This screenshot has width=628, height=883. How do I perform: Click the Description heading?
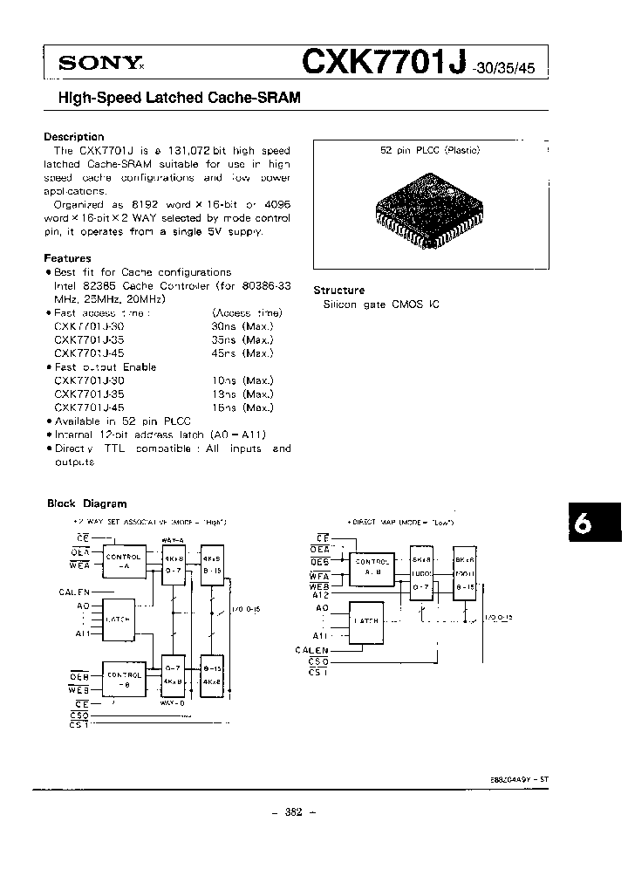(73, 137)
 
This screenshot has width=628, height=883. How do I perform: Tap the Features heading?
(67, 258)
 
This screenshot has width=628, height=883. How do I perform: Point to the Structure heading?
(338, 291)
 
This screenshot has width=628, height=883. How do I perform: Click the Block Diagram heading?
(85, 503)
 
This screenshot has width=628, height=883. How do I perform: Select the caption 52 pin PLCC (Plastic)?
(430, 150)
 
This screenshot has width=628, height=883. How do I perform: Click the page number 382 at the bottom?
(292, 812)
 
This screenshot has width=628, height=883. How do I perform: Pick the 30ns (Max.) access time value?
(242, 326)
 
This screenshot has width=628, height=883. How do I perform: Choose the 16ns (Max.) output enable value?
(242, 407)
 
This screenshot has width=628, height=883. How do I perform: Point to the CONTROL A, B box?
(373, 566)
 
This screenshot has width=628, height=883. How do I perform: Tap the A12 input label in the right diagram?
(322, 595)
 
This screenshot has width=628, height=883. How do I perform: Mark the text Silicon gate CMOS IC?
(370, 305)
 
